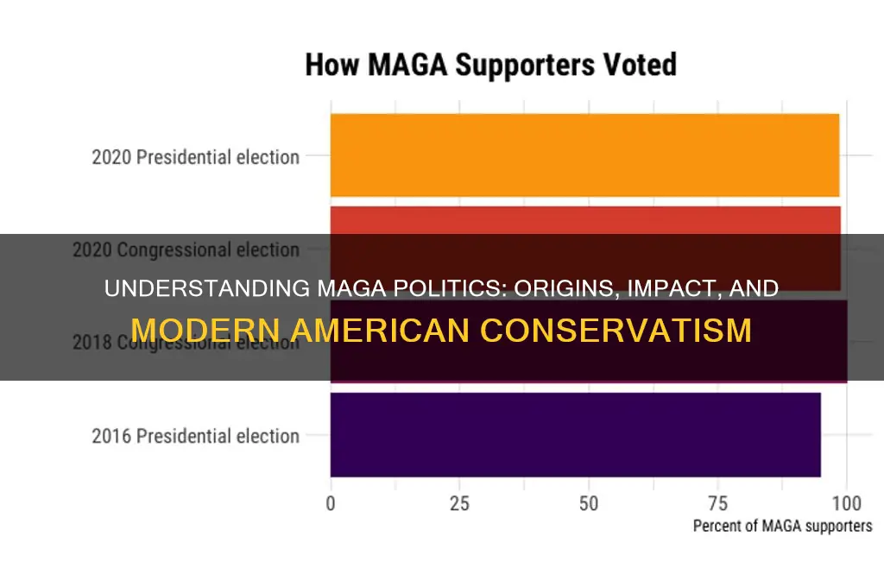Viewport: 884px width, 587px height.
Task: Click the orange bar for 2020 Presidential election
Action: click(x=584, y=155)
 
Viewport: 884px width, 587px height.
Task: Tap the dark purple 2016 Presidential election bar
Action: click(x=575, y=434)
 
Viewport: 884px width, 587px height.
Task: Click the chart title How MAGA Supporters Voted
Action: click(x=490, y=66)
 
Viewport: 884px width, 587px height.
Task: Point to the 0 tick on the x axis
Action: click(x=331, y=503)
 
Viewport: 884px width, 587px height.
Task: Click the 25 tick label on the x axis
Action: click(x=459, y=503)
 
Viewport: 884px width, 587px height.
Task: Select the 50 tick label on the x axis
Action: click(x=589, y=503)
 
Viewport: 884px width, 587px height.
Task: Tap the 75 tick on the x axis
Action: click(x=717, y=503)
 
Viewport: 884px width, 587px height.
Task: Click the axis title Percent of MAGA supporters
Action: click(x=782, y=526)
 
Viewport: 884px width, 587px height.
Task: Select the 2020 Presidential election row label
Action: click(x=196, y=157)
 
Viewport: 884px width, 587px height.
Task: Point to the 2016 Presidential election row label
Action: click(x=196, y=436)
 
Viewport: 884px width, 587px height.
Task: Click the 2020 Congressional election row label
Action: click(x=186, y=249)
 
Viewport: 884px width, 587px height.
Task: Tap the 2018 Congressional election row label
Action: click(x=186, y=342)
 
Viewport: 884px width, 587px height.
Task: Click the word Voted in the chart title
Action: click(x=639, y=66)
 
